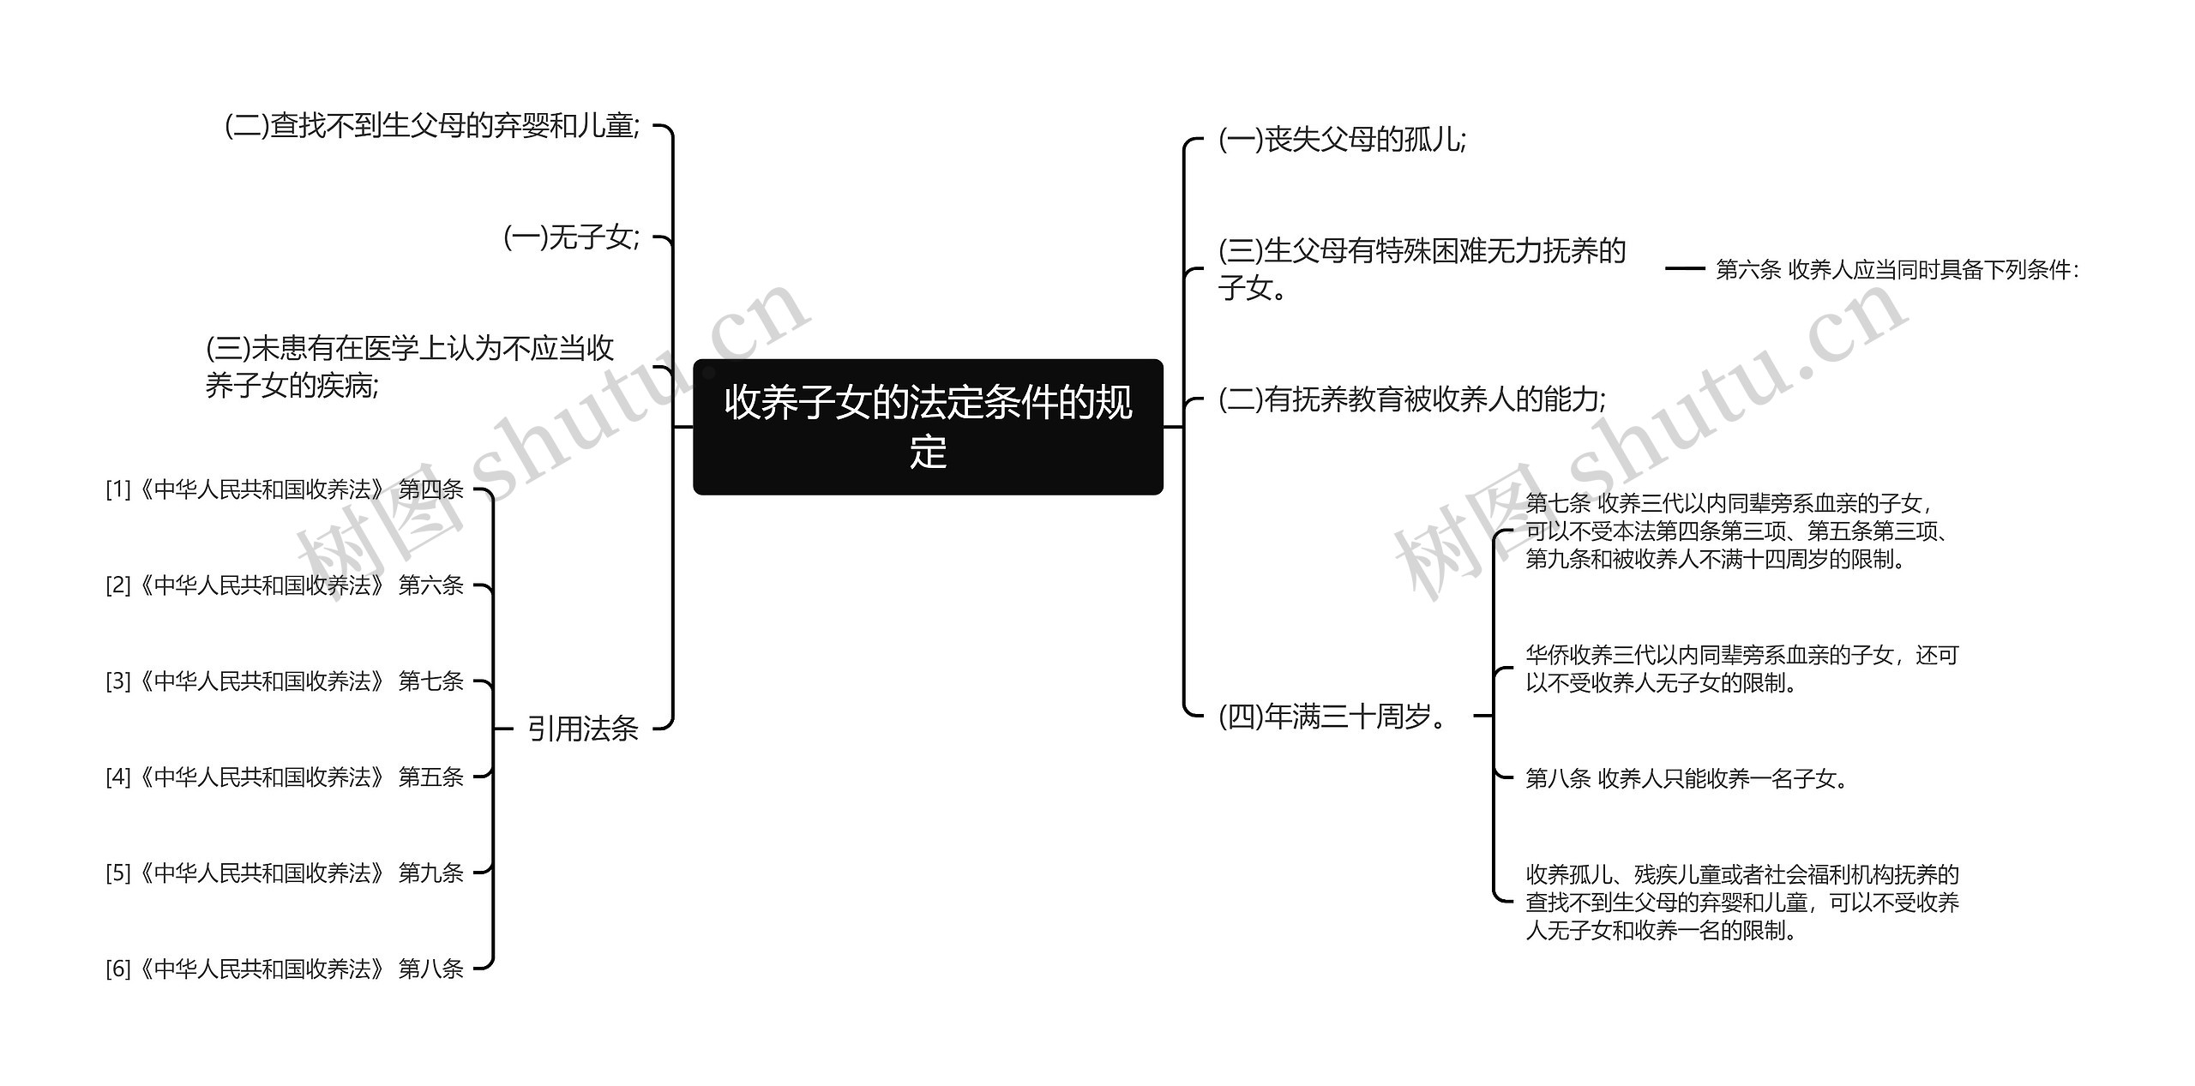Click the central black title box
[928, 426]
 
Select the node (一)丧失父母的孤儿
[1342, 140]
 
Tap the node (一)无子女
[571, 237]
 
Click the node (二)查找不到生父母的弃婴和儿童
[432, 126]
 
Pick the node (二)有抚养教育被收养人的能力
[1411, 399]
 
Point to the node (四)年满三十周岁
[1332, 716]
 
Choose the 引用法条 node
[582, 729]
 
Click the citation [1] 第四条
[284, 489]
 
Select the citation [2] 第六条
[284, 585]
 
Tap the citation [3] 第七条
[284, 681]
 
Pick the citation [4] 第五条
[284, 777]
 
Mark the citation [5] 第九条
[284, 873]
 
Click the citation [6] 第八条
[284, 969]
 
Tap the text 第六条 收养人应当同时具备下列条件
[1897, 270]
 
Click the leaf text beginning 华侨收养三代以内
[1741, 669]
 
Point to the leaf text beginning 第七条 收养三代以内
[1735, 531]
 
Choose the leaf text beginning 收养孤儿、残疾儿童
[1741, 903]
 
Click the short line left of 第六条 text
[1684, 269]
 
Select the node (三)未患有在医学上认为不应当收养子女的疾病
[410, 367]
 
